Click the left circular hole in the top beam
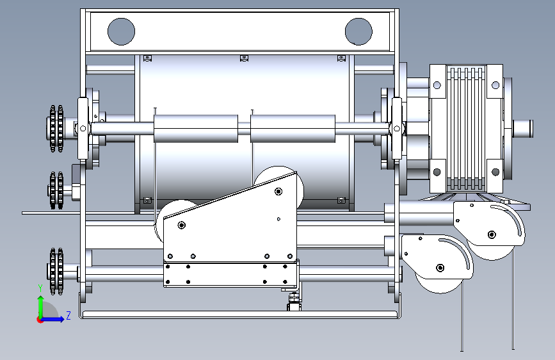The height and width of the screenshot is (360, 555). [121, 31]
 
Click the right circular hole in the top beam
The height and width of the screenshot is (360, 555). [358, 31]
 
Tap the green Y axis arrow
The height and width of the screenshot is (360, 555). [41, 307]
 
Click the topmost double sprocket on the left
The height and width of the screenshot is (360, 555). [56, 129]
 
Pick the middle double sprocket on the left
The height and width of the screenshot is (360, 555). [56, 190]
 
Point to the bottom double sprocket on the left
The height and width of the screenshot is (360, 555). [56, 272]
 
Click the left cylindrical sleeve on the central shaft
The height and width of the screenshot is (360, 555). [196, 128]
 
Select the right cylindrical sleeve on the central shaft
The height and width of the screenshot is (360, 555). [293, 128]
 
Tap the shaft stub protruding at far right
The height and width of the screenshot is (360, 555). [522, 129]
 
